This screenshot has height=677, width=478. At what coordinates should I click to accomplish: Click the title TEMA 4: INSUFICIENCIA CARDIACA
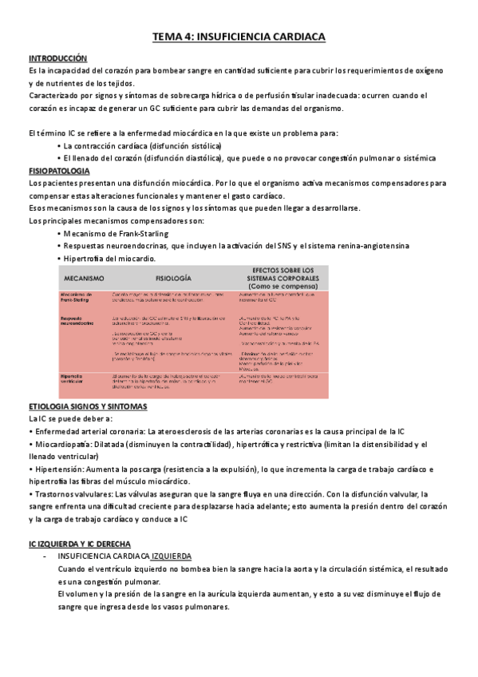[239, 37]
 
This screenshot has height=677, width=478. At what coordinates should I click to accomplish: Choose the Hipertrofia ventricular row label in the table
[75, 357]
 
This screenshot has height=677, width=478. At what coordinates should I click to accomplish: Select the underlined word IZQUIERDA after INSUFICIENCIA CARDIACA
[176, 556]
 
